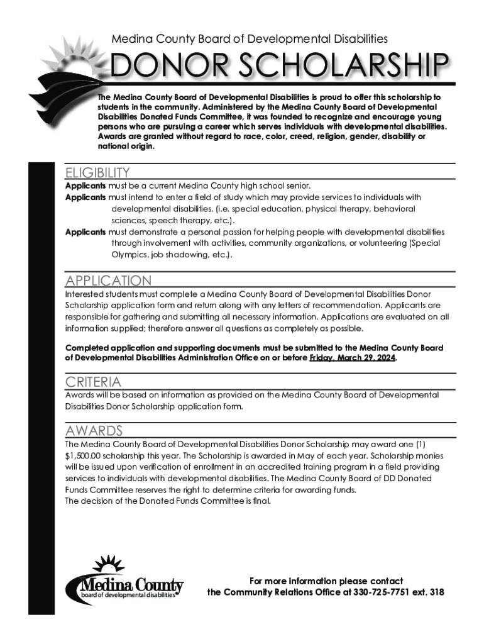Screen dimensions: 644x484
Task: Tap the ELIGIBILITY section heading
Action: point(97,172)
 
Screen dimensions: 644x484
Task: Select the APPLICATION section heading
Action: point(108,280)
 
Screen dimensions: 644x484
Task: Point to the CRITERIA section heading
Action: point(94,382)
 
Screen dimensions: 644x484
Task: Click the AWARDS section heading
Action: point(94,430)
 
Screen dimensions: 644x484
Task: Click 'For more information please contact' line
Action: point(326,580)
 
